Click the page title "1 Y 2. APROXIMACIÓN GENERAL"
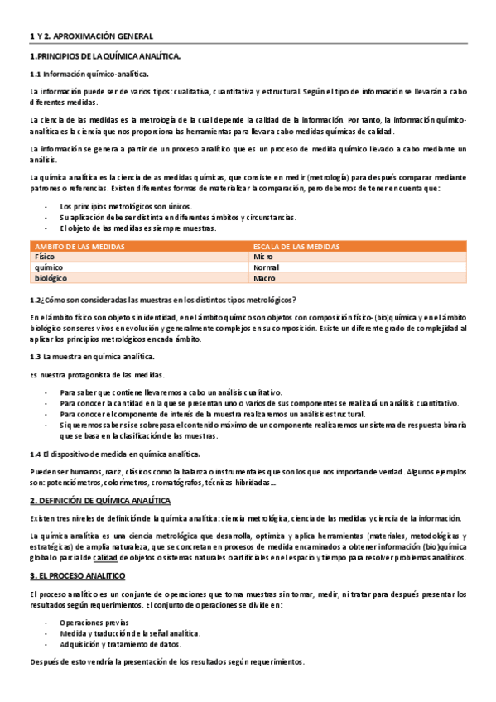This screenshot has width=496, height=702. click(x=91, y=36)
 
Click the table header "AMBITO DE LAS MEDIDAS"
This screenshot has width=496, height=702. click(x=79, y=247)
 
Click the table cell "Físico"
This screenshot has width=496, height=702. click(x=44, y=257)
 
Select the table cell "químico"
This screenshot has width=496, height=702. click(x=46, y=268)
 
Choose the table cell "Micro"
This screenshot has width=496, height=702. click(x=262, y=257)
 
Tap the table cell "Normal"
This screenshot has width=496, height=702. click(x=266, y=268)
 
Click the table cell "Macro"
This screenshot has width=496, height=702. click(x=264, y=279)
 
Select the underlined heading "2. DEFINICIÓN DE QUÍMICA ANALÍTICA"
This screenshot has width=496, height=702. click(x=99, y=501)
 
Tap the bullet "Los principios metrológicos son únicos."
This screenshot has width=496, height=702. click(x=123, y=205)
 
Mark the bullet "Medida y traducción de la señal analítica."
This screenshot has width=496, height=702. click(x=130, y=632)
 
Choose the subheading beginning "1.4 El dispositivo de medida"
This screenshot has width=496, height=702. click(x=115, y=454)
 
